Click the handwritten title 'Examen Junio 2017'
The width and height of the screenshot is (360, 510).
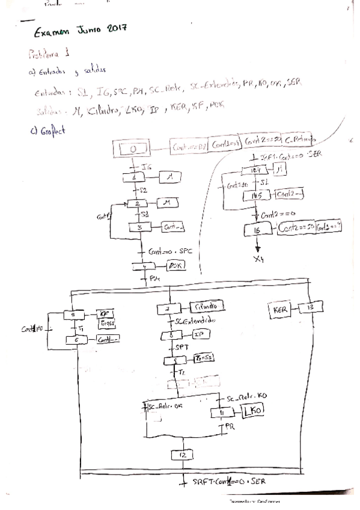[x=85, y=31]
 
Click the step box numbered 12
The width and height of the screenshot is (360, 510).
[x=182, y=455]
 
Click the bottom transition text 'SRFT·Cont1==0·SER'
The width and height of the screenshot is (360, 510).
[x=227, y=482]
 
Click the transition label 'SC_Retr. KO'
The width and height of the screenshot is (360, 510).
[x=247, y=398]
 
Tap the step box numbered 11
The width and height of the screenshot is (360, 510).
[x=222, y=413]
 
